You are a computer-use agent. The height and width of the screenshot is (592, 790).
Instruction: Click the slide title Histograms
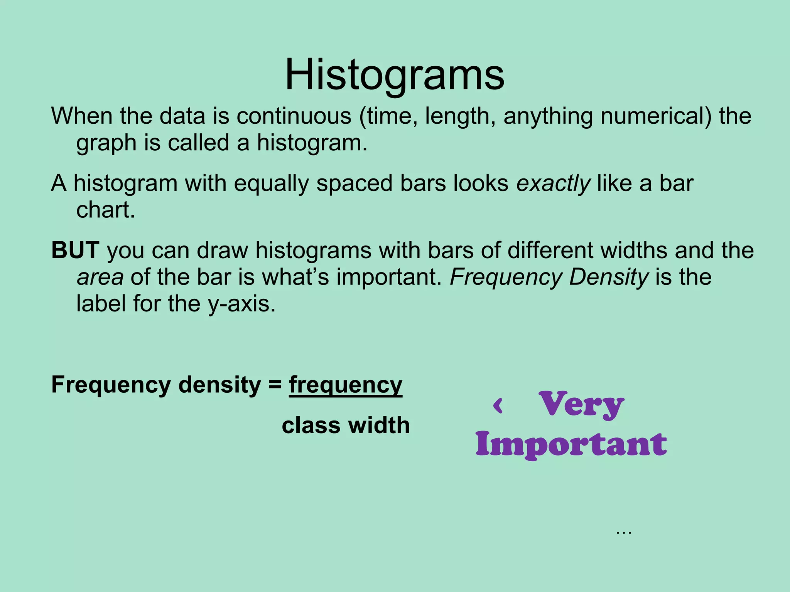pos(395,75)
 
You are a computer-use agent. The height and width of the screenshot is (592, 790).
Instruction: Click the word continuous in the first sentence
pos(294,116)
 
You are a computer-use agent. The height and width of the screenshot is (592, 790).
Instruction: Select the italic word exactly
pos(553,183)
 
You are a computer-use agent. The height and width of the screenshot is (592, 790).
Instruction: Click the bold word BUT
pos(76,251)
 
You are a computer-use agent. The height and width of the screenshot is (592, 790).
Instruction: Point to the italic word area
pos(100,277)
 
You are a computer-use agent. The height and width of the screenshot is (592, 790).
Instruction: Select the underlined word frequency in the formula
pos(346,385)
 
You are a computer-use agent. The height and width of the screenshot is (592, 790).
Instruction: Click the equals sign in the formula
pos(275,385)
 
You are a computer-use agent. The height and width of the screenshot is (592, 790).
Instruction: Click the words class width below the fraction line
pos(346,425)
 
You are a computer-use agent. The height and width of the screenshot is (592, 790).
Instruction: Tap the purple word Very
pos(581,405)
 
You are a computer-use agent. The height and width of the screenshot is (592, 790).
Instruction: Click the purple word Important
pos(571,444)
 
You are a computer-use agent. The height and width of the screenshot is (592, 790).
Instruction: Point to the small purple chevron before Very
pos(498,406)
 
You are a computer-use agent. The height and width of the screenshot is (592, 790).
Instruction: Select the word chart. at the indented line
pos(106,210)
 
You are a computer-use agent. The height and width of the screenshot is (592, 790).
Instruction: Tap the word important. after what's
pos(389,277)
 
